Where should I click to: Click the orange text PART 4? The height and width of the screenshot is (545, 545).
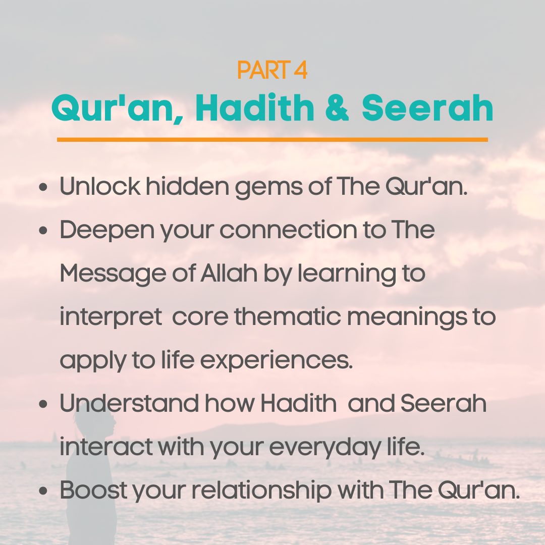(272, 71)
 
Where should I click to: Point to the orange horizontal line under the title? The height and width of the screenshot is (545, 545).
(272, 139)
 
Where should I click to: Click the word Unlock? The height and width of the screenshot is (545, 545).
(100, 187)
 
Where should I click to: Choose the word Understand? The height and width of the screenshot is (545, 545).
(129, 404)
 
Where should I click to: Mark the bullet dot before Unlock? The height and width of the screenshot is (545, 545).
(43, 187)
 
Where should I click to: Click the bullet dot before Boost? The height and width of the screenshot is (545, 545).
(43, 491)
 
